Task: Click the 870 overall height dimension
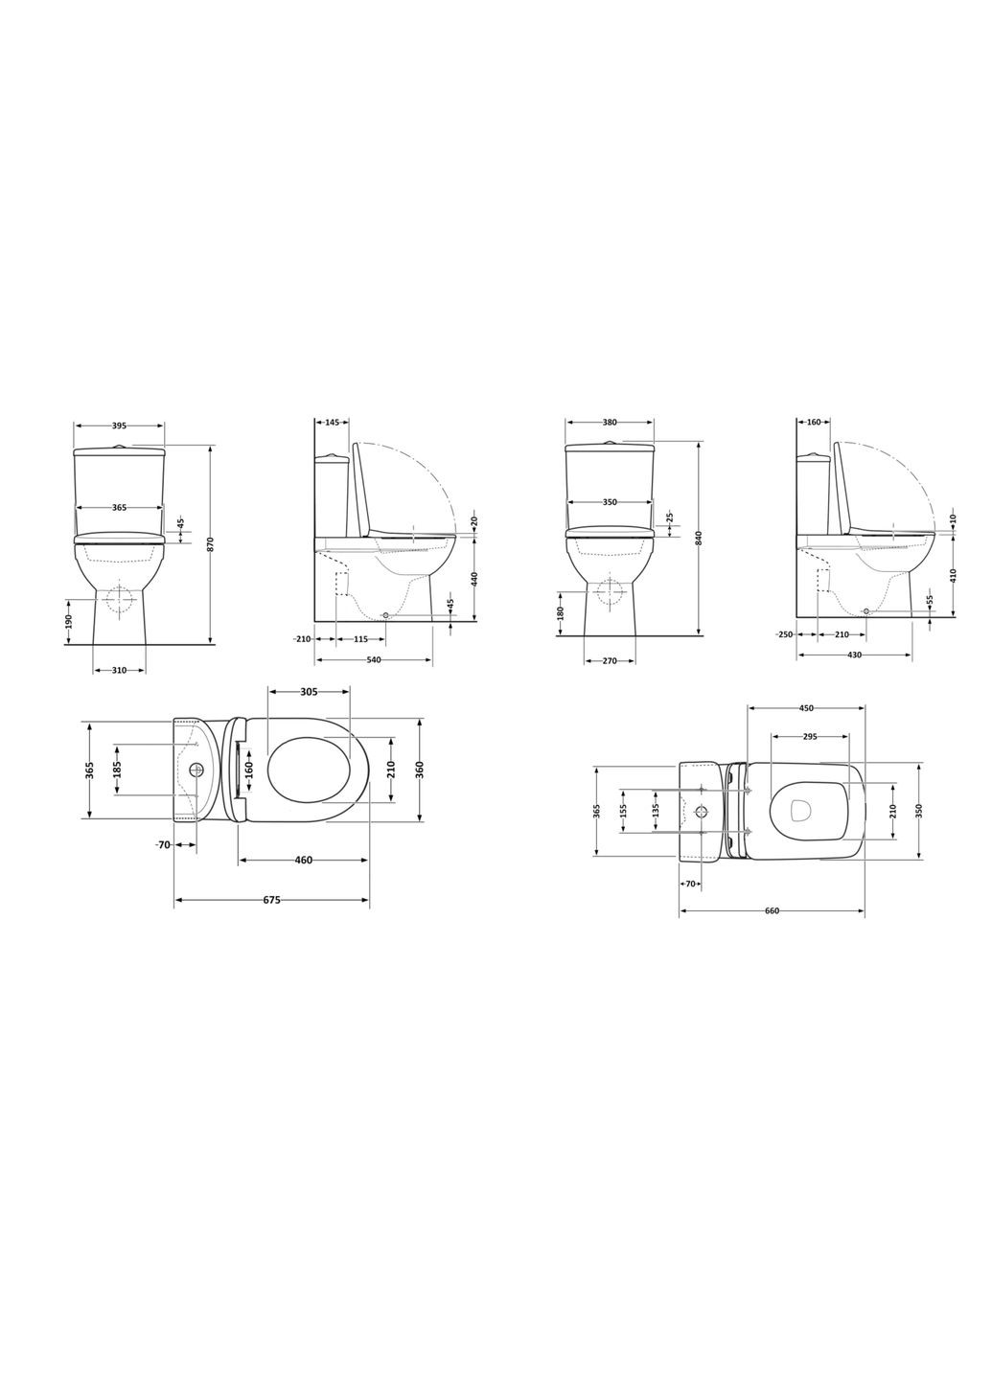coord(210,544)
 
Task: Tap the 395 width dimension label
coord(120,425)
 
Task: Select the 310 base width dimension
coord(120,670)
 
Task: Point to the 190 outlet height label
coord(69,621)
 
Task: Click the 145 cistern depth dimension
coord(332,422)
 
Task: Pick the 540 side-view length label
coord(374,659)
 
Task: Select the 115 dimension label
coord(360,639)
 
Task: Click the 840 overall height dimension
coord(699,538)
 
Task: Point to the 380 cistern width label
coord(609,422)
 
